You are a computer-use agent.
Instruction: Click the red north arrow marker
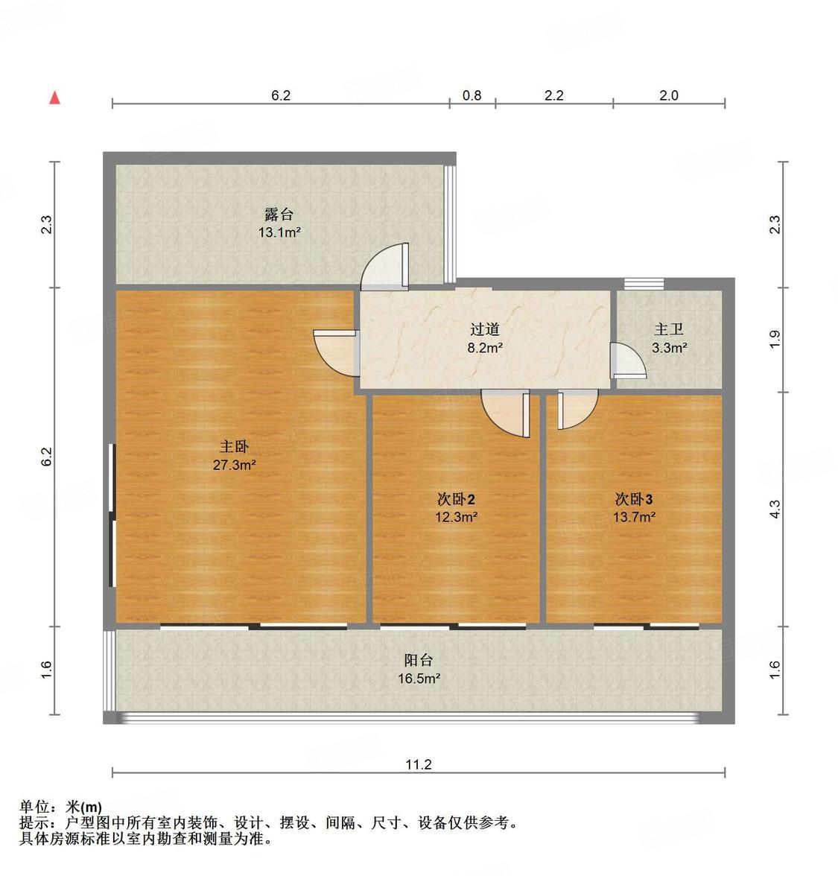[x=54, y=98]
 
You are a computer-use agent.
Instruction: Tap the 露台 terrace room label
[x=279, y=215]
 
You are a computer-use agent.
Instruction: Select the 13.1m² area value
[x=279, y=232]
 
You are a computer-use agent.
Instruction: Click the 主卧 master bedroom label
[x=234, y=447]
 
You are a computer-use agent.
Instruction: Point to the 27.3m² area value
[x=234, y=466]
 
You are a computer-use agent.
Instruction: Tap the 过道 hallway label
[x=484, y=328]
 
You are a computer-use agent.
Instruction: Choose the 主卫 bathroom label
[x=669, y=329]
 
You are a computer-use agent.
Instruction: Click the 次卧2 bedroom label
[x=456, y=499]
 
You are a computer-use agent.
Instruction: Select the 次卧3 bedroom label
[x=634, y=499]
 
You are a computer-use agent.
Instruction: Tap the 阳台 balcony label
[x=419, y=660]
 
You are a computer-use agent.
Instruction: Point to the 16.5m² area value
[x=419, y=679]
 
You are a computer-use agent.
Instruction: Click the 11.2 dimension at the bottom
[x=419, y=764]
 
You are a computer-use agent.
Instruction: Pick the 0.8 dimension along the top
[x=472, y=95]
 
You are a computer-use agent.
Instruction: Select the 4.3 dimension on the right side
[x=775, y=509]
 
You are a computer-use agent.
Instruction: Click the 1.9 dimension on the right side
[x=775, y=340]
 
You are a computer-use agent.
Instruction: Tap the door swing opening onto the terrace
[x=384, y=266]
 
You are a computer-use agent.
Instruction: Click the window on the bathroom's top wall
[x=643, y=283]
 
